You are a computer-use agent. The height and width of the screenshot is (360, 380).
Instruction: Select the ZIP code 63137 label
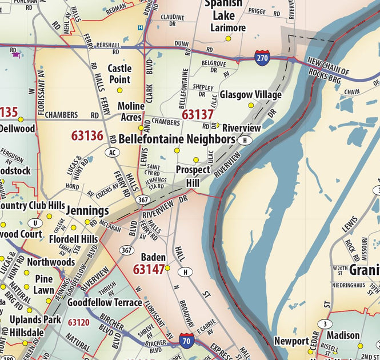(x=197, y=115)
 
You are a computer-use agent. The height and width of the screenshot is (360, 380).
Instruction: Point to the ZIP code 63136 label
(x=87, y=136)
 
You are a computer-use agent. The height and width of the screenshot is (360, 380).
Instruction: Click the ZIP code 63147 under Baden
(x=149, y=269)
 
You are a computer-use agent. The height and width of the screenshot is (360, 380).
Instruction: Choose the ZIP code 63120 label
(x=78, y=322)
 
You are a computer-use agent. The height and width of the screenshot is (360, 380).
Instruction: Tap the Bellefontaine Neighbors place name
(x=177, y=139)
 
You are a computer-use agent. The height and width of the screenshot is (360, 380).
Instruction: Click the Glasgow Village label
(x=250, y=94)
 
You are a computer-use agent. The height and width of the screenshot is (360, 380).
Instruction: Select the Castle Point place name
(x=119, y=74)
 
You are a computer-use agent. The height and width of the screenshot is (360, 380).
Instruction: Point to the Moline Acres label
(x=131, y=111)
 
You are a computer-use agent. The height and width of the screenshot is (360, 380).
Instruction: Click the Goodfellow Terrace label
(x=104, y=302)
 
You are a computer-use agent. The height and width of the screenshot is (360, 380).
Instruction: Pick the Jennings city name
(x=87, y=210)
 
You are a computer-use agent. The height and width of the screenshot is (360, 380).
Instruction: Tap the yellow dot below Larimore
(x=228, y=38)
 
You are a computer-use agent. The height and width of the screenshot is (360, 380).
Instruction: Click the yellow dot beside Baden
(x=168, y=267)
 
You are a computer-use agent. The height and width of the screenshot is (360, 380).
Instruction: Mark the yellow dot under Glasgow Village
(x=250, y=105)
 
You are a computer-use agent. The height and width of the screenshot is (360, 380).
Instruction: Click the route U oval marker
(x=36, y=223)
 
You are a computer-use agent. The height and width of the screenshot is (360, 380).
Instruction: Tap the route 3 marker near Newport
(x=326, y=325)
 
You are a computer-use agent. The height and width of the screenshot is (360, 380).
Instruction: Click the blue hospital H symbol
(x=140, y=27)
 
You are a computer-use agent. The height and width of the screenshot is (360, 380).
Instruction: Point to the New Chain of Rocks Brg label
(x=335, y=70)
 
